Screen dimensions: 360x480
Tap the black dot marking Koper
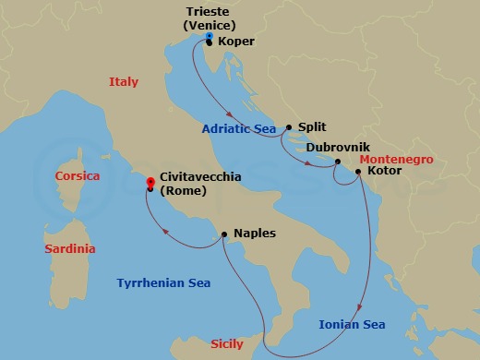tap(210, 42)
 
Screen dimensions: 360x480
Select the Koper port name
tap(237, 42)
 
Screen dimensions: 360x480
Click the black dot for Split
tap(289, 127)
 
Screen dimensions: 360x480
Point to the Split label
tap(312, 127)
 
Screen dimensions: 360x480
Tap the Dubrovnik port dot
tap(338, 162)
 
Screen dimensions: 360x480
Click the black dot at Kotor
tap(358, 171)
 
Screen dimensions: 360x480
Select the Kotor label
tap(383, 171)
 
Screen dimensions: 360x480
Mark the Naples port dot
tap(224, 234)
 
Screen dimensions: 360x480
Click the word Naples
tap(255, 234)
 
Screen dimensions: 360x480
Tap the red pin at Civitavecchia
tap(150, 184)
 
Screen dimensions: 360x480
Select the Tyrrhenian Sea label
tap(163, 283)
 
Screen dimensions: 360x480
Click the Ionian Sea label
tap(352, 324)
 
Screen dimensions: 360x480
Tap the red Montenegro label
tap(402, 159)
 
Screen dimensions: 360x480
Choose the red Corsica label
tap(78, 175)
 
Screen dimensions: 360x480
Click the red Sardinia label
tap(70, 249)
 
